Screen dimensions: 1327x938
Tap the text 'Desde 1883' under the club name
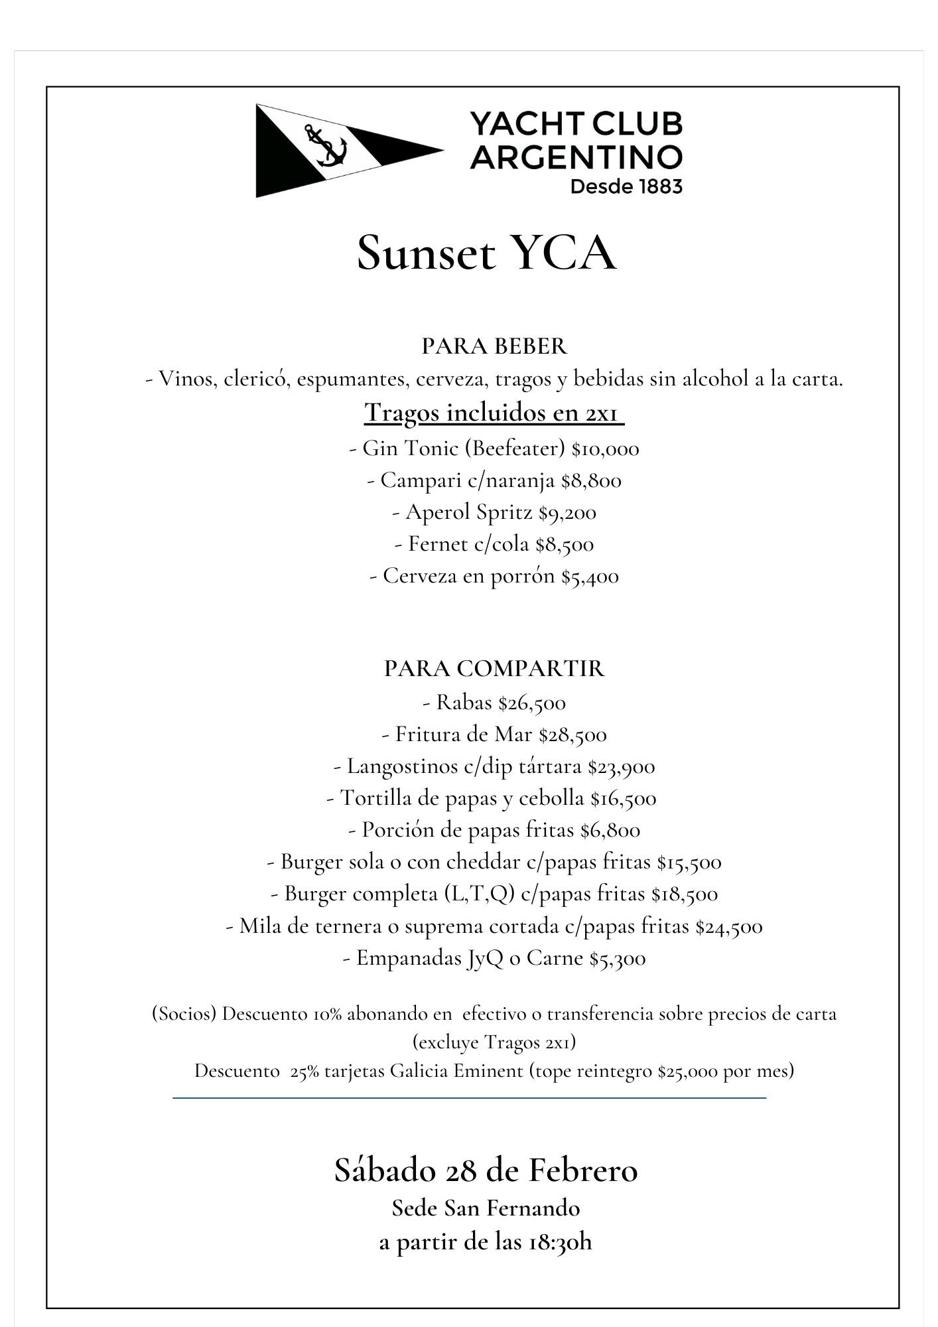(626, 186)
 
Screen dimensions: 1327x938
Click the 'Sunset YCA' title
(487, 253)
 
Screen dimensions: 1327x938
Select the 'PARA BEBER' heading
(494, 346)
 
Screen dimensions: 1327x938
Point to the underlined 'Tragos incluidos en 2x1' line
(494, 412)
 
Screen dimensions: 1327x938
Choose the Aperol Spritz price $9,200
(567, 512)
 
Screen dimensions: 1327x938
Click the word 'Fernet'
(438, 544)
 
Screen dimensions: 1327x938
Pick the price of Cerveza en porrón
(590, 576)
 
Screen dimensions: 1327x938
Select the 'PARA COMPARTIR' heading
(494, 668)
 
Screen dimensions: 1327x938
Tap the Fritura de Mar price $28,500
(572, 734)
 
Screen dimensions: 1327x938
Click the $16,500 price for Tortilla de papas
(623, 798)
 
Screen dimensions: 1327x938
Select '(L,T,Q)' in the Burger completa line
(480, 894)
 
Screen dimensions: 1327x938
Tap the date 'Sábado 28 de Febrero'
(486, 1170)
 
